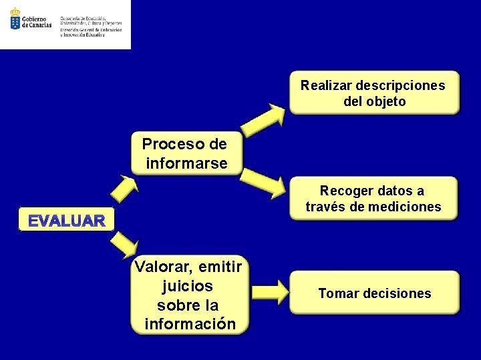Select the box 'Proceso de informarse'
pyautogui.click(x=185, y=154)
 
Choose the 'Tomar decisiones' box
pyautogui.click(x=374, y=293)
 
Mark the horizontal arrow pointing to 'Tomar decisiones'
pyautogui.click(x=267, y=292)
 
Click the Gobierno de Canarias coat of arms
pyautogui.click(x=14, y=19)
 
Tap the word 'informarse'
pyautogui.click(x=186, y=163)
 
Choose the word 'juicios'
pyautogui.click(x=188, y=286)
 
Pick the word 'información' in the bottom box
pyautogui.click(x=190, y=324)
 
